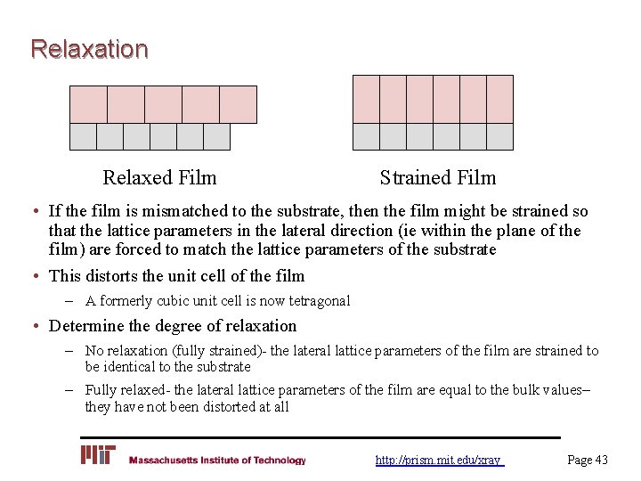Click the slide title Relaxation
click(89, 48)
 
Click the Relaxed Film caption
click(159, 178)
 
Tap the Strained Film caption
click(437, 178)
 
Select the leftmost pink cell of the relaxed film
click(88, 104)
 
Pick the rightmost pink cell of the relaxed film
click(238, 104)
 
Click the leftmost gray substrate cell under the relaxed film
click(83, 136)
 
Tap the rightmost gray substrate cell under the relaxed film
click(216, 136)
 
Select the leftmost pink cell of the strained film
click(366, 99)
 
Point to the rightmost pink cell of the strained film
click(499, 99)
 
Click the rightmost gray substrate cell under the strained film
click(499, 136)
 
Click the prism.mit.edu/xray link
click(439, 460)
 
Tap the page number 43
click(588, 460)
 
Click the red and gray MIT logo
click(98, 455)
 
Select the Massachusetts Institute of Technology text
click(217, 461)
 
